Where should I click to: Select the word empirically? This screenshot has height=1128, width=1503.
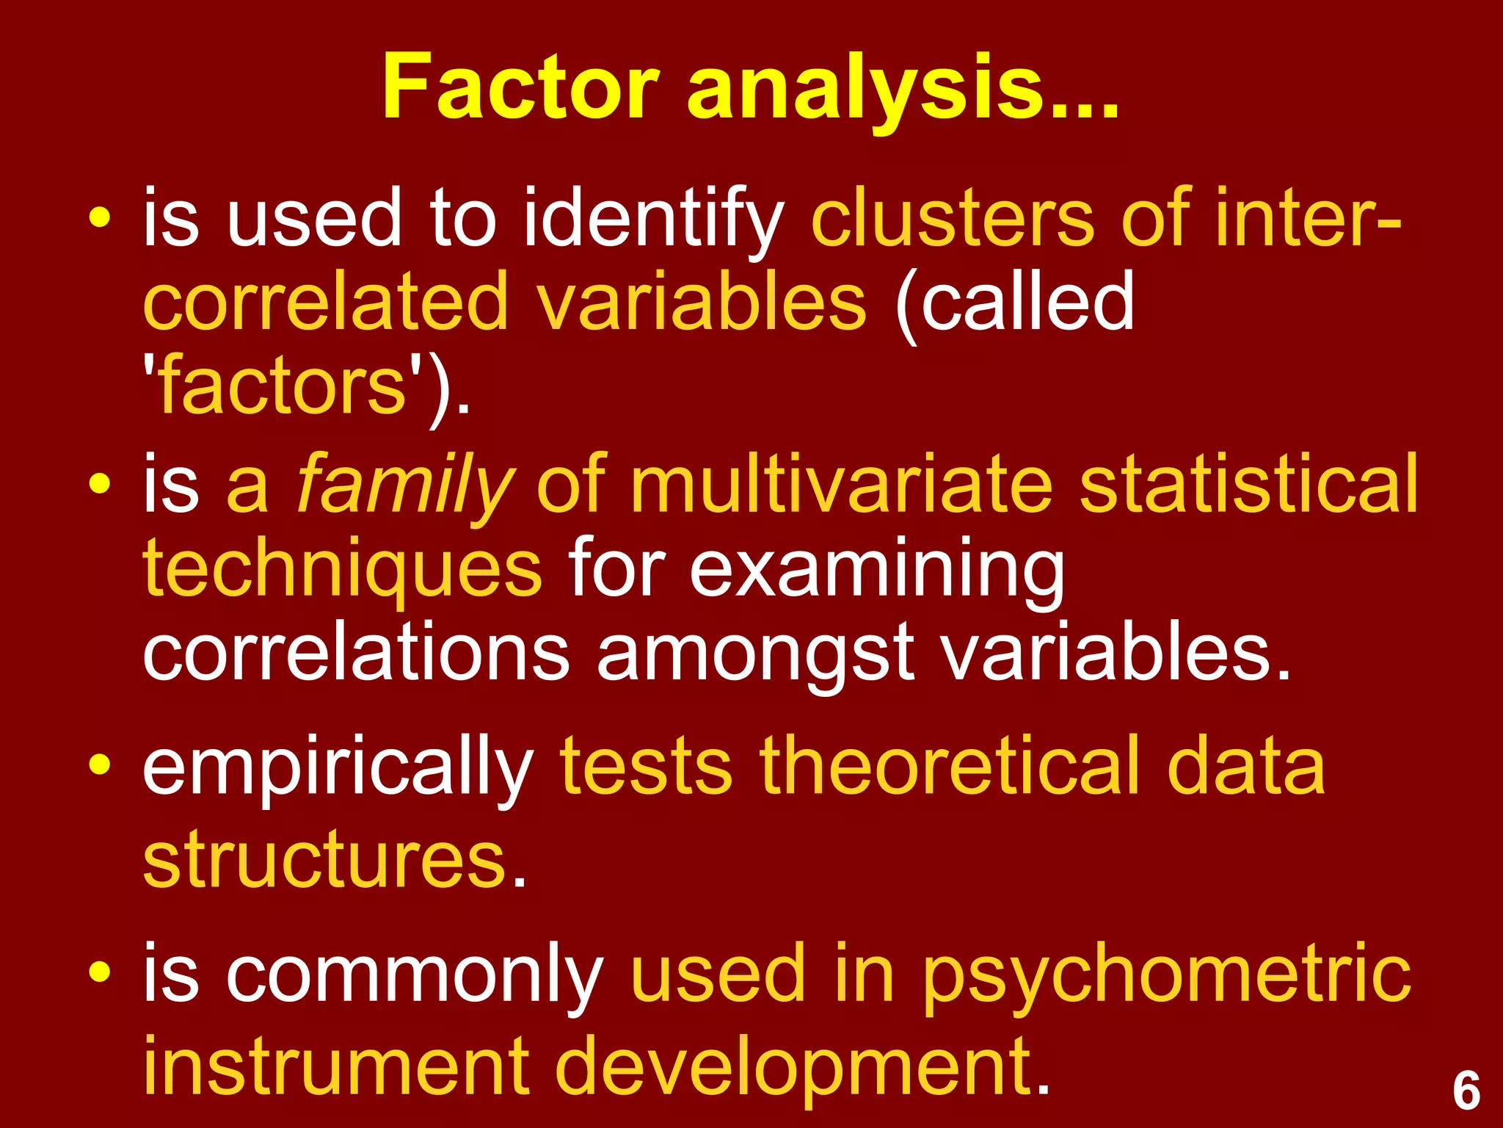338,768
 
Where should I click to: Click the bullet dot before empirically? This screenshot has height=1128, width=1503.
99,765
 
